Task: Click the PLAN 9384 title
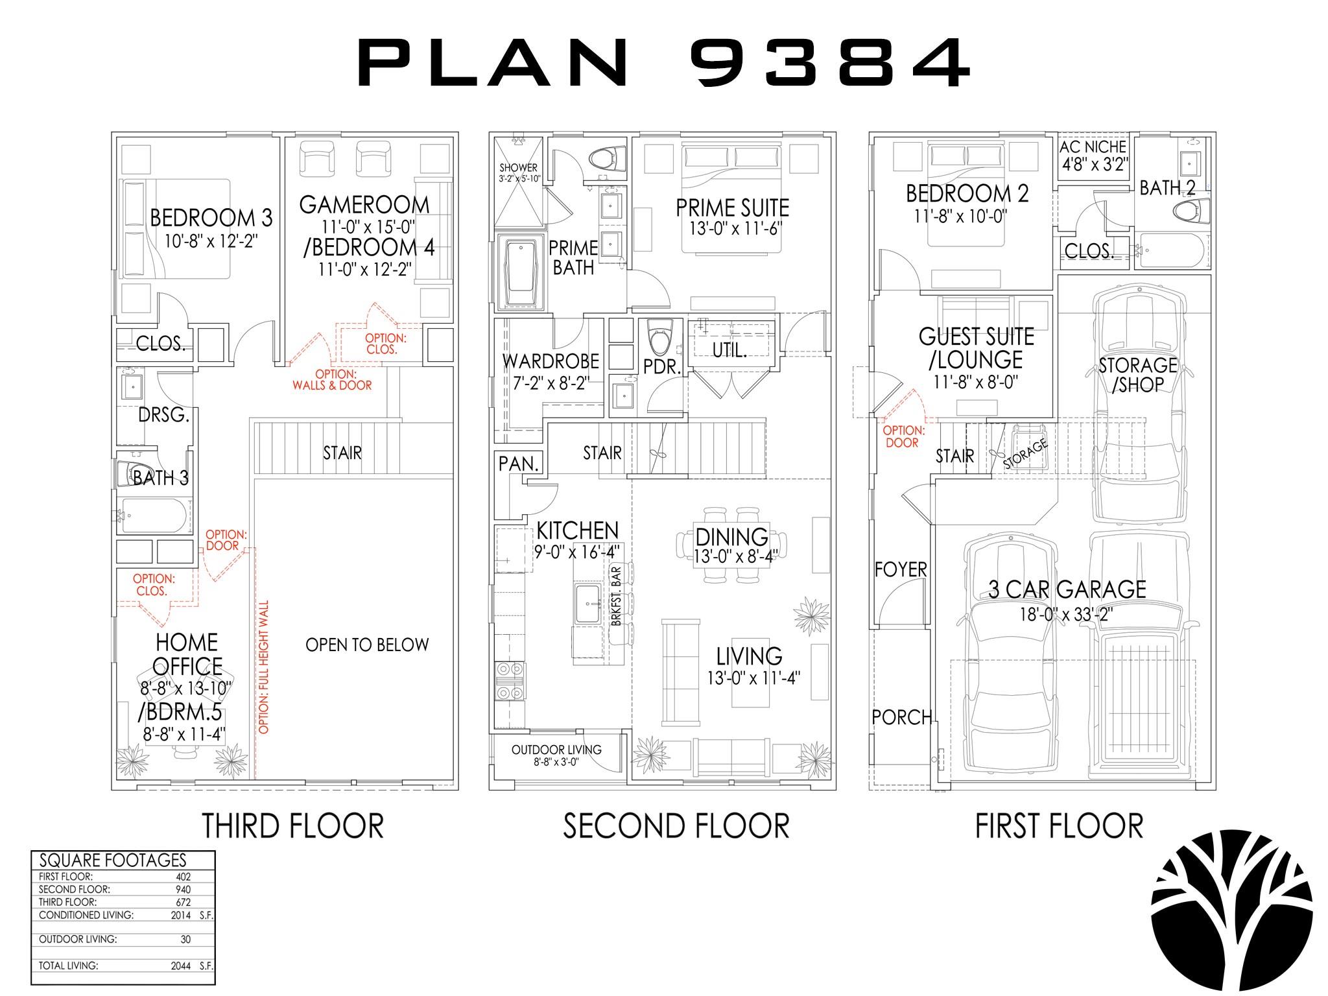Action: coord(664,62)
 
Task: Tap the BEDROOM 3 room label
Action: coord(211,218)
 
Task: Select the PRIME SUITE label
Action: coord(733,208)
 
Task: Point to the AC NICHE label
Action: coord(1093,147)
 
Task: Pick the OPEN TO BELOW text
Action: coord(367,645)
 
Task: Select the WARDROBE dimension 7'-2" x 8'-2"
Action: coord(551,383)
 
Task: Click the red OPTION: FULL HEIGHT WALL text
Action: coord(263,667)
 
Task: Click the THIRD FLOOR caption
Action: coord(293,825)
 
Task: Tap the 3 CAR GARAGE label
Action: coord(1067,589)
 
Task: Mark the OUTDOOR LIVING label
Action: coord(556,750)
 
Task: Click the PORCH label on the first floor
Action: coord(902,717)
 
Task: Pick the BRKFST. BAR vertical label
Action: coord(616,597)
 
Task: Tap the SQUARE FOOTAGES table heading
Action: coord(113,860)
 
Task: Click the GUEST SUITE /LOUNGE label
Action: coord(977,348)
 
